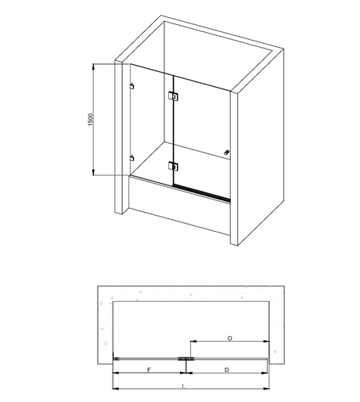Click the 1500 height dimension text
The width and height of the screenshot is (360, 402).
tap(90, 120)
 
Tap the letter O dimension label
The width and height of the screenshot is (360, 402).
tap(229, 339)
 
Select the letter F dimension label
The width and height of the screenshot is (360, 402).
tap(149, 370)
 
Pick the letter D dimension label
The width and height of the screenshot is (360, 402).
tap(227, 370)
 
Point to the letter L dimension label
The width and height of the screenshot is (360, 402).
tap(183, 386)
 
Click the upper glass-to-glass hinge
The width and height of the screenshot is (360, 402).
tap(173, 95)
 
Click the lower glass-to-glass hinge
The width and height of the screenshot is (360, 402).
tap(173, 166)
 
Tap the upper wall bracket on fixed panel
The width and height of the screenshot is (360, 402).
tap(132, 86)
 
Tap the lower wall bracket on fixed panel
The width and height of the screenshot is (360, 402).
tap(132, 158)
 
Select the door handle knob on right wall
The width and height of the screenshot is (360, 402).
tap(226, 153)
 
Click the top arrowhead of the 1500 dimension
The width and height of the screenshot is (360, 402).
tap(93, 66)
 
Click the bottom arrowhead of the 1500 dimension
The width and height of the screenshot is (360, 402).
tap(93, 172)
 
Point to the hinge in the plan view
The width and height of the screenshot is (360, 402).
tap(185, 359)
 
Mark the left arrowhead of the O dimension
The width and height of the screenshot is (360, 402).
tap(193, 341)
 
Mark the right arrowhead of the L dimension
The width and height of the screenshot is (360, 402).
tap(266, 389)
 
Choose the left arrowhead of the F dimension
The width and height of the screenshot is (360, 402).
tap(116, 373)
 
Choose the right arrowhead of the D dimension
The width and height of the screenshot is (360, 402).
tap(265, 373)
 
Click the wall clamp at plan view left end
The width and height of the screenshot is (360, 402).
tap(116, 359)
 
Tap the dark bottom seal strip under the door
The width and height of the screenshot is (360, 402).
tap(202, 193)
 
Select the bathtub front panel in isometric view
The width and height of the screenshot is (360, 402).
tap(179, 206)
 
